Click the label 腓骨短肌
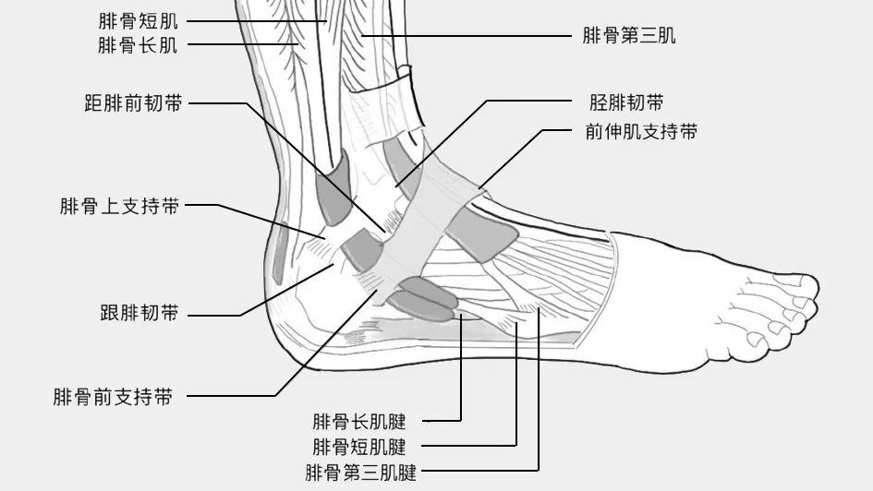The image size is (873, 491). (x=138, y=20)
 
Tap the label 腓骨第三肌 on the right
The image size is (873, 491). (x=629, y=36)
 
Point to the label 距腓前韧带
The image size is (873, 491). (x=133, y=103)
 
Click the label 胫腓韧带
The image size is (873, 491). (x=626, y=102)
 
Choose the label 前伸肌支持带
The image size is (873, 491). (x=641, y=131)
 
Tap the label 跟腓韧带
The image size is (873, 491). (x=139, y=314)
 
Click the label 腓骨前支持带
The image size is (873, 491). (x=113, y=398)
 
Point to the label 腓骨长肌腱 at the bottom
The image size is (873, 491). (x=359, y=422)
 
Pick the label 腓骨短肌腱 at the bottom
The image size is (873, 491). (x=359, y=448)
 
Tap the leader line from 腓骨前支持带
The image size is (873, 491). (x=231, y=397)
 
